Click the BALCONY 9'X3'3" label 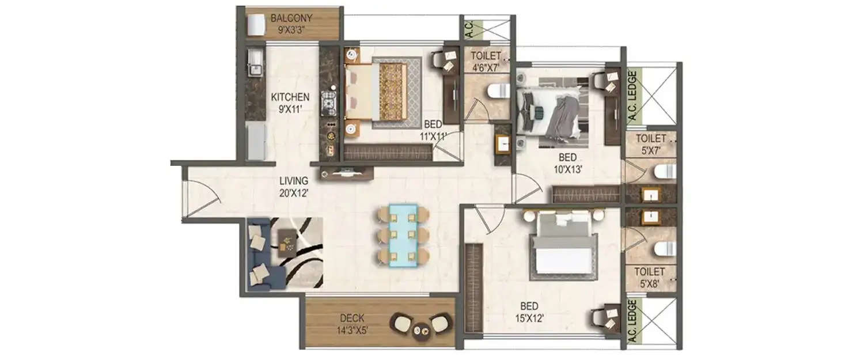pos(291,23)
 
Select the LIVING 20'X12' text pos(295,187)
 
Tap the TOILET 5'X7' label pos(650,144)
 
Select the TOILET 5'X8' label pos(650,277)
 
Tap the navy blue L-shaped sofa pos(259,253)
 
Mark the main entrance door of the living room pos(202,199)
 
